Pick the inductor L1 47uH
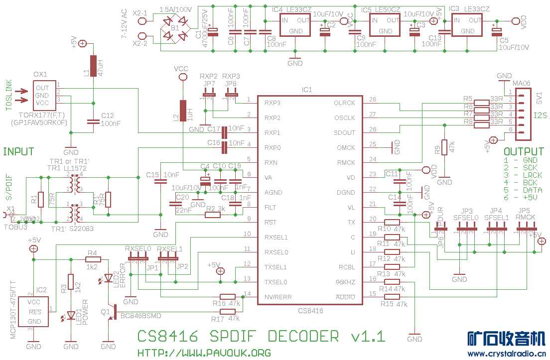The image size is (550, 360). click(x=93, y=66)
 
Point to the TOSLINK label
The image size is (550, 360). click(x=8, y=95)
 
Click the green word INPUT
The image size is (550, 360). click(x=19, y=151)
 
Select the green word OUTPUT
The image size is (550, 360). click(x=524, y=151)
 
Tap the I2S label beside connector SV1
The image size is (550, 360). click(x=541, y=116)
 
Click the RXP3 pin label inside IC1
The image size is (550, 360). click(x=273, y=103)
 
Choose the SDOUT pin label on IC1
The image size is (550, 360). click(x=345, y=133)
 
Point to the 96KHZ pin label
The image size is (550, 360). click(x=345, y=282)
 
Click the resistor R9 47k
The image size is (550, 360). click(x=444, y=148)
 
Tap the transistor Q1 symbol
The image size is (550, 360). click(x=111, y=312)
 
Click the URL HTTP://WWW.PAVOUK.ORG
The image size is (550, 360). click(x=204, y=353)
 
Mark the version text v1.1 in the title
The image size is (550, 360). click(x=368, y=336)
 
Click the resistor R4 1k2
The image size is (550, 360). click(x=93, y=259)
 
